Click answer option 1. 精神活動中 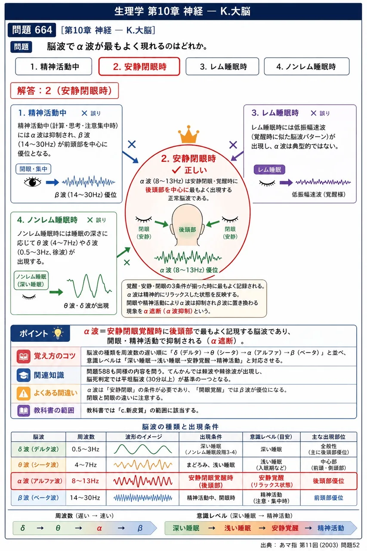[54, 66]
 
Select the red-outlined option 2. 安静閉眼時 [139, 66]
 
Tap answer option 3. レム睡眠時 [222, 66]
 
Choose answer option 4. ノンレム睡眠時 [306, 66]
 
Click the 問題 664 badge [32, 30]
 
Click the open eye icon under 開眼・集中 [32, 182]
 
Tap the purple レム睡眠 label [269, 170]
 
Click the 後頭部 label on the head [187, 229]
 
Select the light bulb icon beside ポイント [58, 333]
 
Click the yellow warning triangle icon [23, 393]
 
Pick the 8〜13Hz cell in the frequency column [85, 481]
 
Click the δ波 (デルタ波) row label [38, 449]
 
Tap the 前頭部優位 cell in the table [329, 498]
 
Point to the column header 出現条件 [211, 436]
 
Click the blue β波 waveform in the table [143, 498]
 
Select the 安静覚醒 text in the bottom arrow [285, 528]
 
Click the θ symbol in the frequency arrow [58, 528]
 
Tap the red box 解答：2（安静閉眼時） [65, 91]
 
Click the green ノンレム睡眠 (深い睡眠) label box [31, 280]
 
